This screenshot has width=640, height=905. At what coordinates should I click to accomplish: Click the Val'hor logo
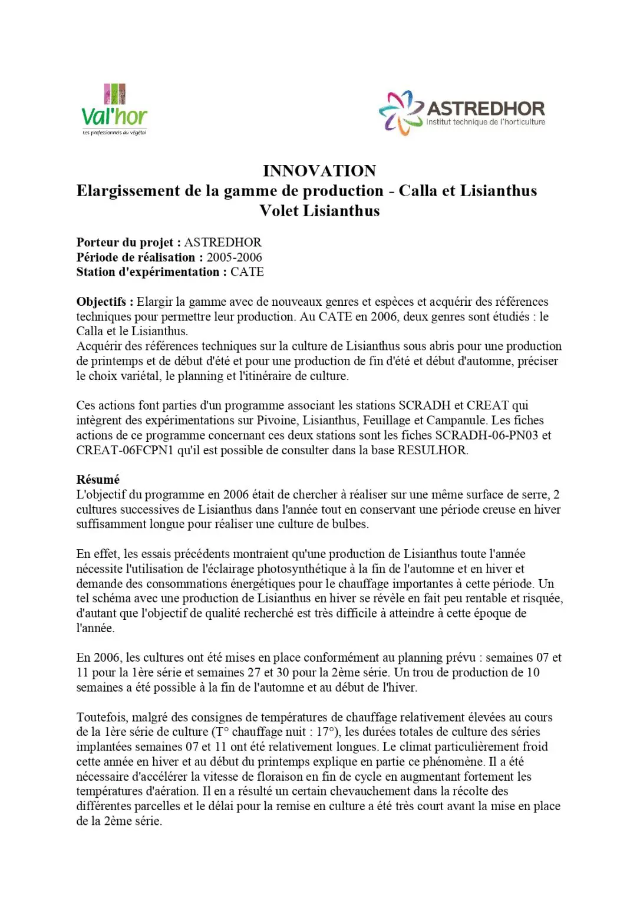[114, 110]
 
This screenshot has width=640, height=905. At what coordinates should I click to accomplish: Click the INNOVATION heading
[319, 171]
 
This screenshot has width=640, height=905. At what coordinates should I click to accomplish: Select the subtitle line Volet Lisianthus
[319, 211]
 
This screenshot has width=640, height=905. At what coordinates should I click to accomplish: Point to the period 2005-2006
[234, 257]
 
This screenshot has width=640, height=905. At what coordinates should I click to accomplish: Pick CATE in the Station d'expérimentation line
[247, 272]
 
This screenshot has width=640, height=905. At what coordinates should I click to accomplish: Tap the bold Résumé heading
[98, 480]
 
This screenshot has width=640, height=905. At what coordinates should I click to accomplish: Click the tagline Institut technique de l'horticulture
[486, 123]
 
